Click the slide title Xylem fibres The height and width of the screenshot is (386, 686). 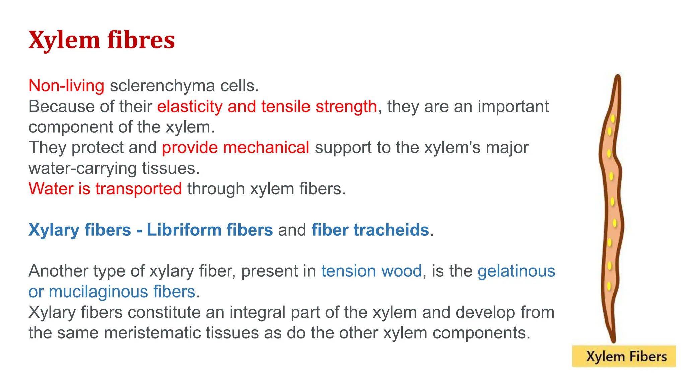pyautogui.click(x=101, y=40)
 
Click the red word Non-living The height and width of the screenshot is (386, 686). pyautogui.click(x=66, y=86)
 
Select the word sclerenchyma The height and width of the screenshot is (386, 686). pyautogui.click(x=162, y=86)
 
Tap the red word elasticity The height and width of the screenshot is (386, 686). pyautogui.click(x=190, y=107)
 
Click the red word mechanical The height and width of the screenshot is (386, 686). pyautogui.click(x=266, y=148)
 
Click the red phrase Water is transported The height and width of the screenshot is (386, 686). pyautogui.click(x=105, y=189)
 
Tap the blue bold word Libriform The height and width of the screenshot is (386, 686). pyautogui.click(x=184, y=230)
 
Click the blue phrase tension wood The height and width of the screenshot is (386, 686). pyautogui.click(x=371, y=271)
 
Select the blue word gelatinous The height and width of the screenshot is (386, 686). pyautogui.click(x=516, y=271)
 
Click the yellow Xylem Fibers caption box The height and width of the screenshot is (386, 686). pyautogui.click(x=624, y=356)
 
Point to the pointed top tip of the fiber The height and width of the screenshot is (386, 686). pyautogui.click(x=618, y=76)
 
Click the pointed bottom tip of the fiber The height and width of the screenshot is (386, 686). pyautogui.click(x=614, y=341)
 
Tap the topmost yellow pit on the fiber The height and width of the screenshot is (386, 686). pyautogui.click(x=613, y=119)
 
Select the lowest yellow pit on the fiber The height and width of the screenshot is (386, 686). pyautogui.click(x=609, y=286)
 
